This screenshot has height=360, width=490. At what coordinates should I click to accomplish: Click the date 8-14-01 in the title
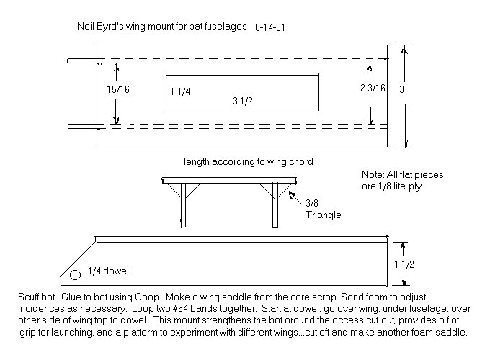272,27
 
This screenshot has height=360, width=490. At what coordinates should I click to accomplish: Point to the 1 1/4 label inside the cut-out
181,91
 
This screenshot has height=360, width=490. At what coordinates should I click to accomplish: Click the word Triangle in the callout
323,215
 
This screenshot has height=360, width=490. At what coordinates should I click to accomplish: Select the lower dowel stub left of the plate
81,127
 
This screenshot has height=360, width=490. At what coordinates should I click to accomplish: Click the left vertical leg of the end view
184,205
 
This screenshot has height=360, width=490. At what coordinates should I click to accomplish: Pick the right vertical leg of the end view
275,205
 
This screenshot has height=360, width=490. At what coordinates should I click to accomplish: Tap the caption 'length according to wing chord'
242,161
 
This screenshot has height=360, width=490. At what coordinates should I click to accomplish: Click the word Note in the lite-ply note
373,174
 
